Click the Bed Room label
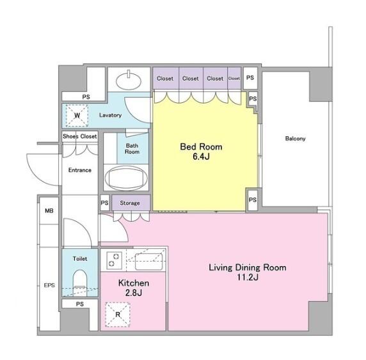pos(201,147)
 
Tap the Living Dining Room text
pos(248,267)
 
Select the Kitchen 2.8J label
pos(134,288)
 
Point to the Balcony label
pos(295,139)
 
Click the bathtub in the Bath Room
pos(126,178)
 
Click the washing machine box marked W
pos(77,116)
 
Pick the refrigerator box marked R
pos(118,315)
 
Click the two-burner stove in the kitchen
pos(115,260)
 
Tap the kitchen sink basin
pos(148,262)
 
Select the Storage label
pos(130,203)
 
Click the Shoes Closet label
pos(79,136)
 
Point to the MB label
pos(49,211)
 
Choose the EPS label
pos(49,285)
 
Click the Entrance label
pos(80,170)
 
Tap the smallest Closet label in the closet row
pos(234,79)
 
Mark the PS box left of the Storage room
pos(104,203)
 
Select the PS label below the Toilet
pos(80,304)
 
